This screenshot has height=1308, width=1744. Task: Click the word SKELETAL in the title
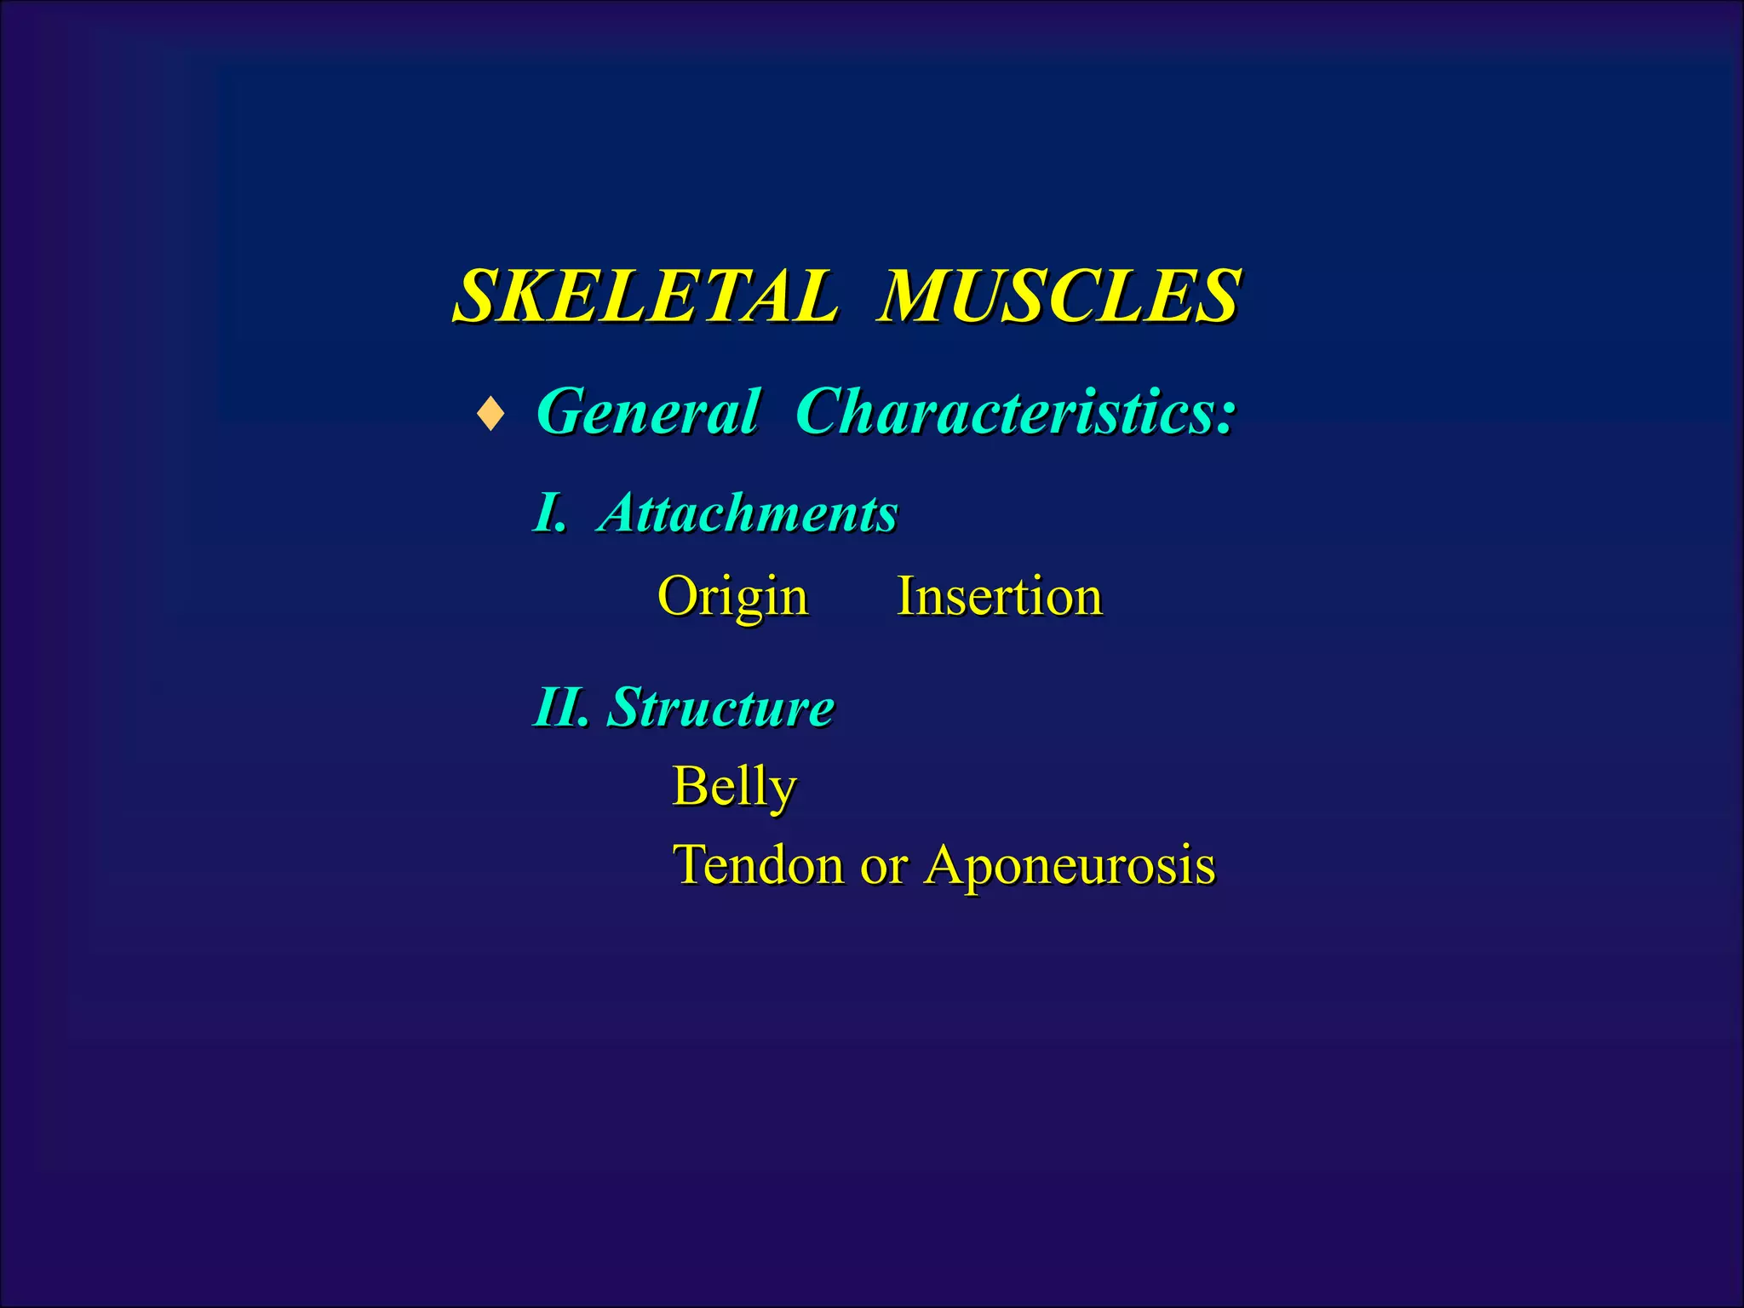click(645, 296)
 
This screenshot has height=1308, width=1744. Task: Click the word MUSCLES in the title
click(1058, 296)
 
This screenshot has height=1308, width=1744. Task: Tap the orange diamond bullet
click(490, 415)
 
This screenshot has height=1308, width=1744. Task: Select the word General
click(647, 412)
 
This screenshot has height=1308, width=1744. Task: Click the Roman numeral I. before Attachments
click(549, 513)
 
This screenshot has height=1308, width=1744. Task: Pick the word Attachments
click(749, 513)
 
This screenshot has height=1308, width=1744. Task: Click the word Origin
click(732, 597)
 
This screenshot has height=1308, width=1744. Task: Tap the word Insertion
click(1000, 596)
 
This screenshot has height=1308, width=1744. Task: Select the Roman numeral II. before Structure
click(561, 707)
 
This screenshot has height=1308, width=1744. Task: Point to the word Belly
click(734, 786)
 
